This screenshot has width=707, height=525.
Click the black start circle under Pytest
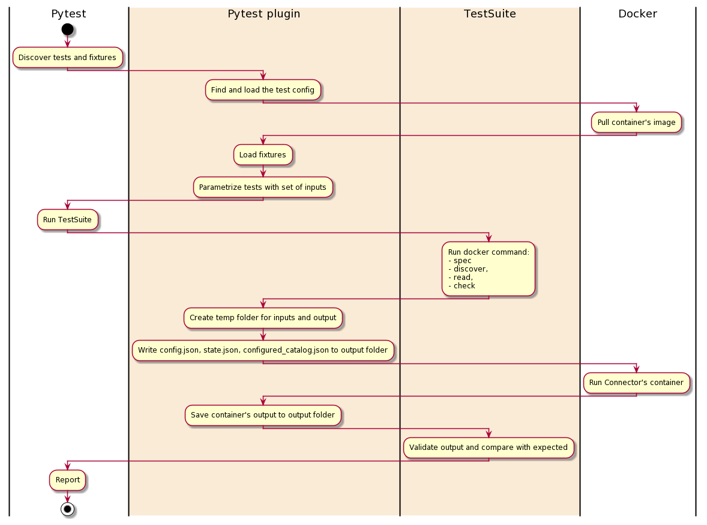67,29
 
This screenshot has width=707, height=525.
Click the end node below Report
67,509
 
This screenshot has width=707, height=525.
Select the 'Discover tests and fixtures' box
67,58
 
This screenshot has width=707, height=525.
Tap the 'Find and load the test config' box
263,90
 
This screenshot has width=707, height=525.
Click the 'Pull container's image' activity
636,123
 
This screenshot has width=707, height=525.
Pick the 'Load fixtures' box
263,155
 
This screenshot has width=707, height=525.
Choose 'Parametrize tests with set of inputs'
263,187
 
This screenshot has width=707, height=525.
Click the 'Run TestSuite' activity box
67,220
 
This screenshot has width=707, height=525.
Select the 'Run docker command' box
489,269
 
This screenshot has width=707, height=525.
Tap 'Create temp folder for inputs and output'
263,318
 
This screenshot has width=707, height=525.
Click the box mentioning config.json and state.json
263,350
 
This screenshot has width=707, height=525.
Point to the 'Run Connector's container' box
636,383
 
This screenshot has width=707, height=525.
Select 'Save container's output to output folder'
263,415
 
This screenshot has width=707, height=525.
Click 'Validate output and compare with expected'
489,448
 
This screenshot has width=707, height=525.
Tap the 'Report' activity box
67,480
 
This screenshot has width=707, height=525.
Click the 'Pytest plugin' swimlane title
263,14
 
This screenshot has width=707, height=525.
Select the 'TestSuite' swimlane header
490,14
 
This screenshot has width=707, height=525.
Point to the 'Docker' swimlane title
637,14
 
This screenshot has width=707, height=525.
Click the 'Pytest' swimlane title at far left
68,14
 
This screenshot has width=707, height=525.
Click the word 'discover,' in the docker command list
468,269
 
